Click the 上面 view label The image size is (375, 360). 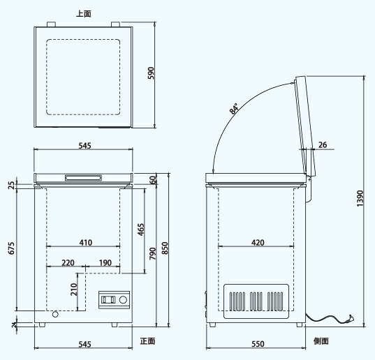(x=84, y=14)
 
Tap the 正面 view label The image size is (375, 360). (x=147, y=341)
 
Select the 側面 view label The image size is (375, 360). (x=321, y=341)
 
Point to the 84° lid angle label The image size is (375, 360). (x=234, y=109)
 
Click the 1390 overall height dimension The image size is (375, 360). (x=360, y=199)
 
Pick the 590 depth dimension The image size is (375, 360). (x=152, y=73)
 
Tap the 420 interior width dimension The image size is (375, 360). (x=258, y=243)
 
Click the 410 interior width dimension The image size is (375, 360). (x=86, y=243)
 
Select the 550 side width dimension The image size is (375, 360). (x=258, y=344)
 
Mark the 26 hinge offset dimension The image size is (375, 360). (x=323, y=144)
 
